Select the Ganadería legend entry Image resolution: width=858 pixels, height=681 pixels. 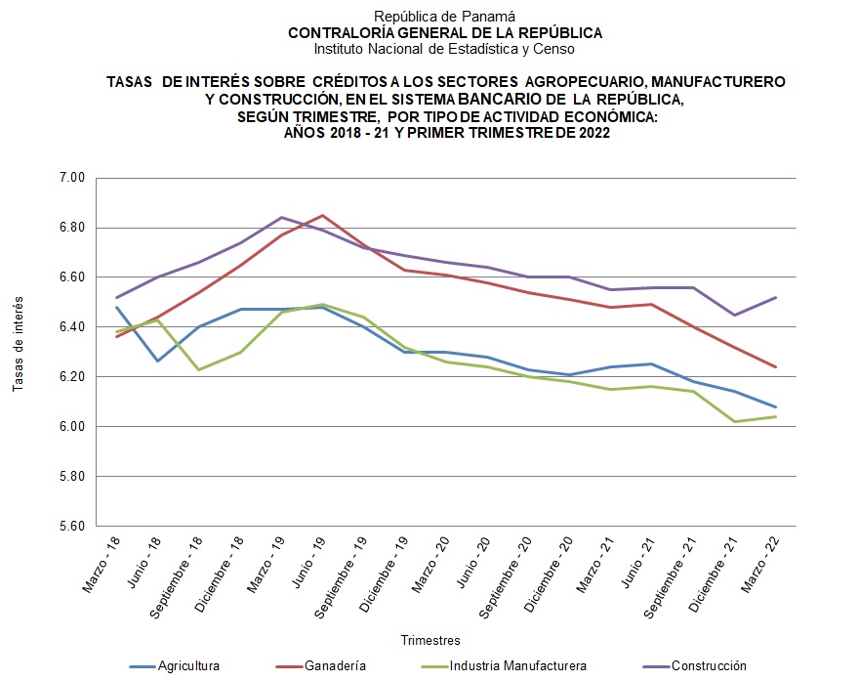point(334,666)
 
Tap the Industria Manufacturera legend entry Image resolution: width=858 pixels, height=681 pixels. point(518,666)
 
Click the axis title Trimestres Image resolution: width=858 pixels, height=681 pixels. point(430,640)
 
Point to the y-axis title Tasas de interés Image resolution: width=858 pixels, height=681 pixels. point(19,345)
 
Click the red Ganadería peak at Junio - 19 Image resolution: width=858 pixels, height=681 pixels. point(322,216)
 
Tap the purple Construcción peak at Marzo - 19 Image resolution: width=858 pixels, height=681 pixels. point(281,218)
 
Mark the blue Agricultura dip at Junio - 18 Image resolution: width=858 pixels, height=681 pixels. point(157,361)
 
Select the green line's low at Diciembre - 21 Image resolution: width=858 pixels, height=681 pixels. point(734,421)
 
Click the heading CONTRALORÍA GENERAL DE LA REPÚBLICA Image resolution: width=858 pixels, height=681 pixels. point(444,32)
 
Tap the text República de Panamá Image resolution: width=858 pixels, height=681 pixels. point(444,17)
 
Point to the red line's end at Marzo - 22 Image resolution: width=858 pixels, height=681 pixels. point(775,367)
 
